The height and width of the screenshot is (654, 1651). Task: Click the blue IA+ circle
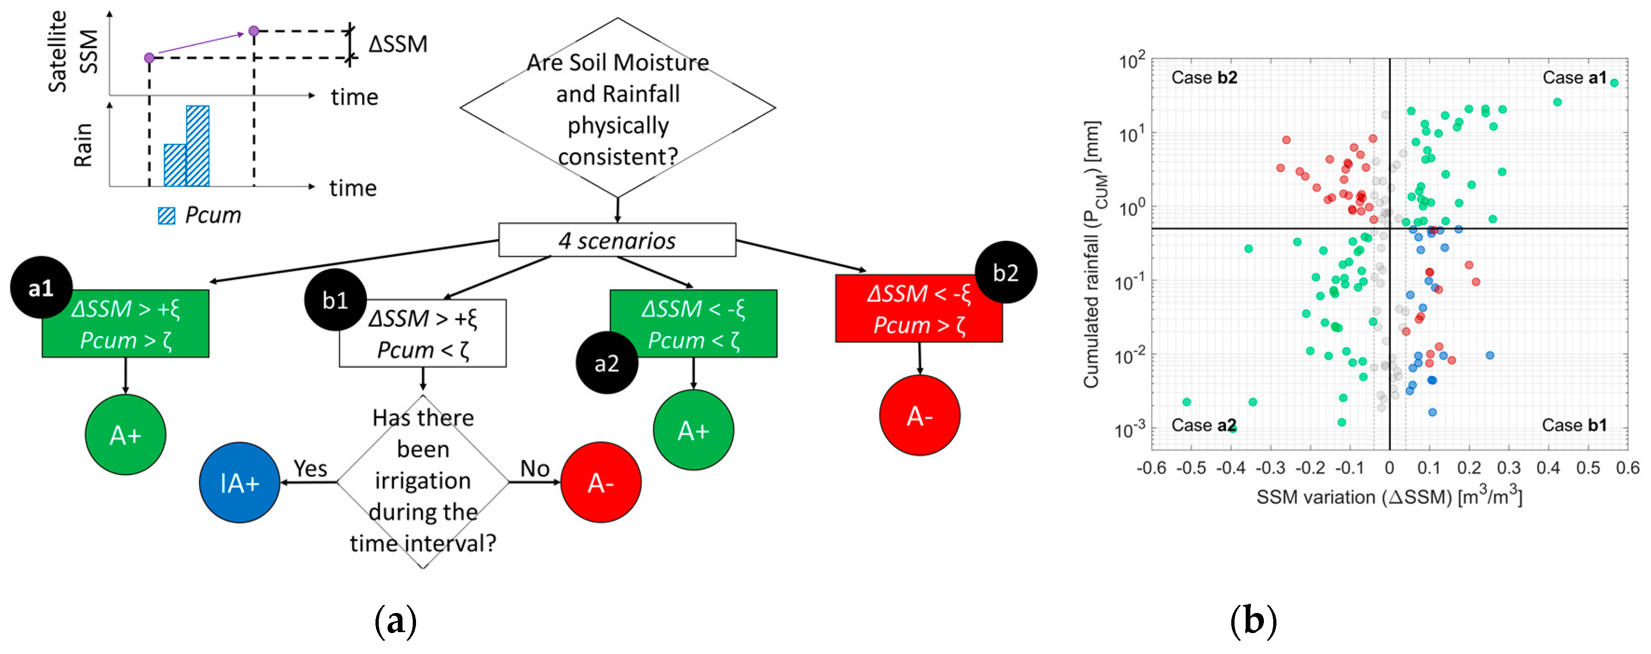point(240,482)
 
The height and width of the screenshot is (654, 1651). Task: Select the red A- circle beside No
point(600,482)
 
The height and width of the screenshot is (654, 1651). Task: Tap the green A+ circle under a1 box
point(126,435)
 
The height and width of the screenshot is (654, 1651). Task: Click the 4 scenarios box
point(616,240)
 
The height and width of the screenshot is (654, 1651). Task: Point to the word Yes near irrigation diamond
point(310,468)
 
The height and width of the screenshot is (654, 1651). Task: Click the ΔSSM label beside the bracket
point(397,44)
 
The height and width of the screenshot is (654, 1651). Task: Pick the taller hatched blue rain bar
point(198,146)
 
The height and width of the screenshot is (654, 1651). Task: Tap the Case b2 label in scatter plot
point(1204,77)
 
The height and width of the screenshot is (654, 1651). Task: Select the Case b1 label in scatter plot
point(1574,425)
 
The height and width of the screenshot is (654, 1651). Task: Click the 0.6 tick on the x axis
point(1627,468)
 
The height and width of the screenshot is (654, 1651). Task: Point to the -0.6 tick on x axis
point(1151,468)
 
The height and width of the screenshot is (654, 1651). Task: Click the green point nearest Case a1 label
point(1614,82)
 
